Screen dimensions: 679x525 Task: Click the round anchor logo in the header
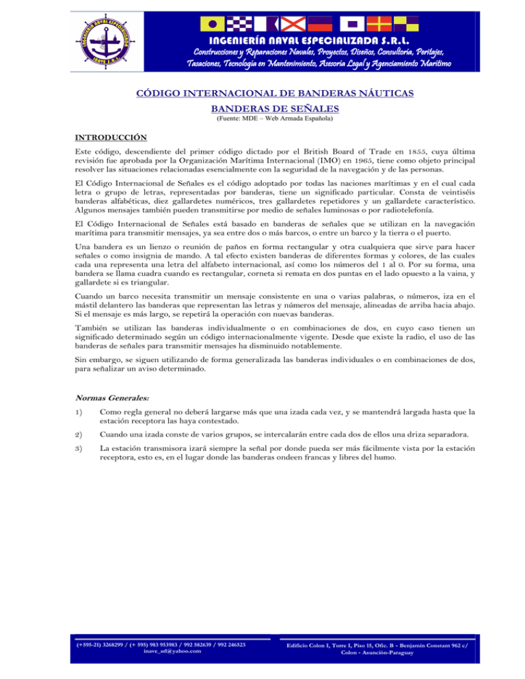point(102,38)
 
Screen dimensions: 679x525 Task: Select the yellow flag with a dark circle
point(213,25)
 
